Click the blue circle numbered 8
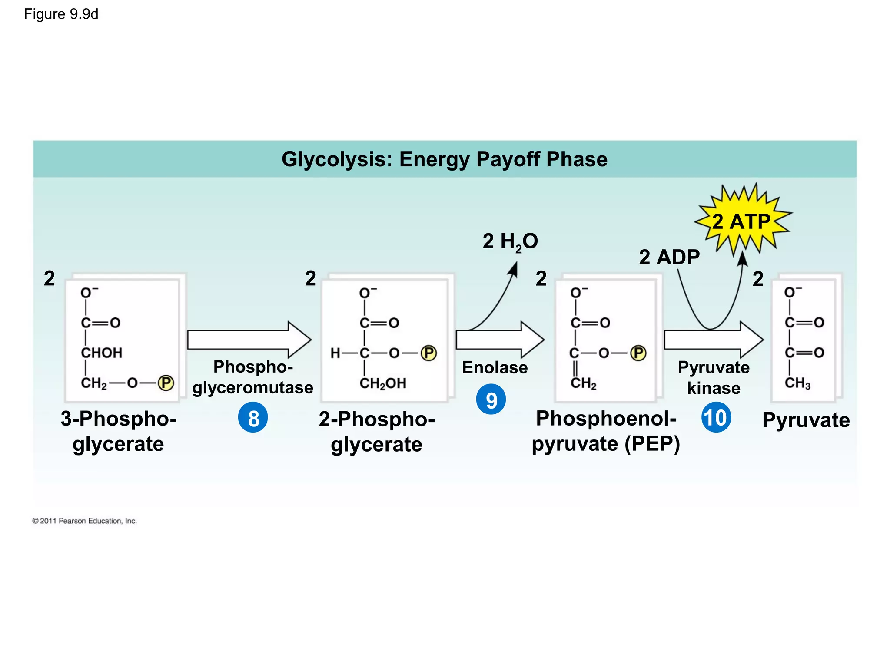(x=253, y=418)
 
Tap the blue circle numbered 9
(x=491, y=400)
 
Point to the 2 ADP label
(x=669, y=257)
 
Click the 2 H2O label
(x=510, y=241)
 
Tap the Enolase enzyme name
(x=495, y=367)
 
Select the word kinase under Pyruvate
(x=714, y=388)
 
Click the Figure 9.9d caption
(x=61, y=14)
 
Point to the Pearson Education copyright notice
(x=85, y=521)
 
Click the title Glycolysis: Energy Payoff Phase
(x=444, y=159)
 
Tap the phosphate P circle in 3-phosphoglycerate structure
(x=166, y=383)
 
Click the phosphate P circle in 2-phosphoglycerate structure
(x=428, y=353)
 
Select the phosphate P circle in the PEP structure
(x=638, y=353)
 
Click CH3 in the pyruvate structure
(x=797, y=383)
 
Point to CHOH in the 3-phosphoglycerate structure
(x=102, y=353)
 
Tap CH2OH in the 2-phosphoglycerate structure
(x=383, y=383)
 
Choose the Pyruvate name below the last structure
(x=806, y=420)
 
